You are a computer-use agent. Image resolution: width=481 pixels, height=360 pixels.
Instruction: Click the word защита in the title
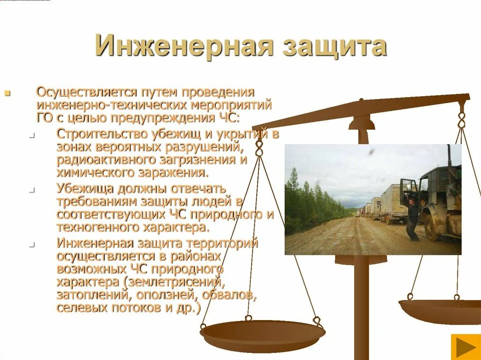[x=335, y=46]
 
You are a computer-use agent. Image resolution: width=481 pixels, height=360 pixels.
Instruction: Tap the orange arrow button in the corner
[x=465, y=347]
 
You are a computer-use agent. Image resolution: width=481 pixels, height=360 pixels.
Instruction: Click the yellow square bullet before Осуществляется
[x=7, y=92]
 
